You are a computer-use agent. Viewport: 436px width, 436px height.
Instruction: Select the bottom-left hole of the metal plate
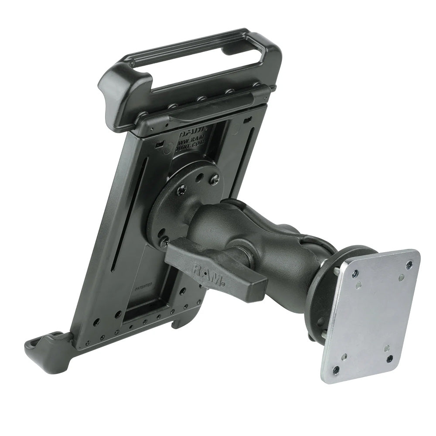[336, 370]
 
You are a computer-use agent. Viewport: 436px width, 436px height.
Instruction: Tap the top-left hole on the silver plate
[355, 274]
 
